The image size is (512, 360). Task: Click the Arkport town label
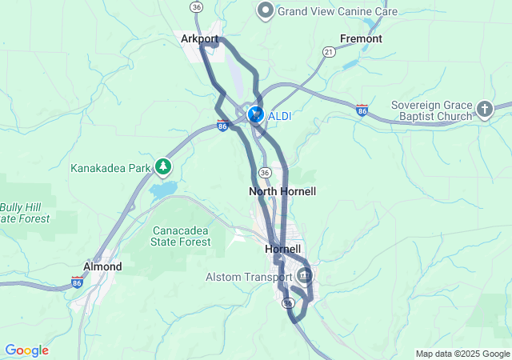pos(200,38)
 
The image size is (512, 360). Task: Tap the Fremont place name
pos(361,38)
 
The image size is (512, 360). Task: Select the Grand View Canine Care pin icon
pos(265,11)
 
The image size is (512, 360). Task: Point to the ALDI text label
pos(279,117)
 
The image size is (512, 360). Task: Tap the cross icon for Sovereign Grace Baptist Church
pos(485,108)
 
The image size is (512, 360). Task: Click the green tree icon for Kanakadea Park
pos(164,166)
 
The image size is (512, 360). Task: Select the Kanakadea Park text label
pos(110,169)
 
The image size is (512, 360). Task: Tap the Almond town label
pos(102,266)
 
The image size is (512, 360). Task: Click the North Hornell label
pos(282,192)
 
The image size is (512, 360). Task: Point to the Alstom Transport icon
pos(304,277)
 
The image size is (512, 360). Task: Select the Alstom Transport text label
pos(249,278)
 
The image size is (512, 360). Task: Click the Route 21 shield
pos(328,50)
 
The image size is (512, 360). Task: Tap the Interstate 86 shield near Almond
pos(77,282)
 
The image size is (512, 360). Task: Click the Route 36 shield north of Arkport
pos(197,6)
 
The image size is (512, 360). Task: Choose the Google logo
pos(27,350)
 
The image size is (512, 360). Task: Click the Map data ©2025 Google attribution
pos(462,354)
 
